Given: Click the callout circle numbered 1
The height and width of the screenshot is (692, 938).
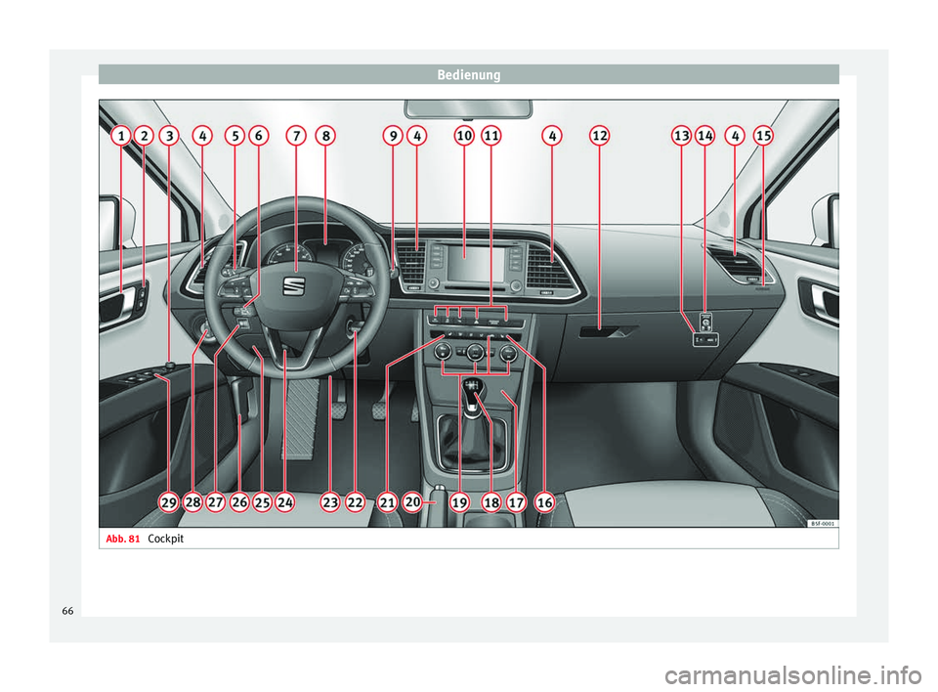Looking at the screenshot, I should click(x=120, y=138).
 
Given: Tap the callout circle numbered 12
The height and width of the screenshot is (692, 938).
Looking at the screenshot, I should click(x=599, y=138).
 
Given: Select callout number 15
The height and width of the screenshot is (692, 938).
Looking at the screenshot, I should click(x=763, y=138).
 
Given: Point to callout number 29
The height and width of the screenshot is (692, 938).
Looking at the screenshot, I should click(x=169, y=502).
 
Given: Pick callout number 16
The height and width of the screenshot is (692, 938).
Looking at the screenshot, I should click(x=544, y=502).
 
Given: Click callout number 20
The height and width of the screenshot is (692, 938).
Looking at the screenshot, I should click(x=412, y=502).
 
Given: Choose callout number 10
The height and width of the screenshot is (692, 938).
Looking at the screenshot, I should click(x=463, y=138).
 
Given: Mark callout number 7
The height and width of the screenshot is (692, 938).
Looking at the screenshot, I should click(x=296, y=138).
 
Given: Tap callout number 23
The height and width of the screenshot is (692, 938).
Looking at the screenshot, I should click(x=329, y=502).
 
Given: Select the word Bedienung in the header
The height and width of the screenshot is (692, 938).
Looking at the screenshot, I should click(x=468, y=74).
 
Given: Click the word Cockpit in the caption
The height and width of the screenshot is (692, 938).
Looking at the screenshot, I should click(x=169, y=539).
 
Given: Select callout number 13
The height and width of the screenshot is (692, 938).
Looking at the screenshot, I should click(x=681, y=138).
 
